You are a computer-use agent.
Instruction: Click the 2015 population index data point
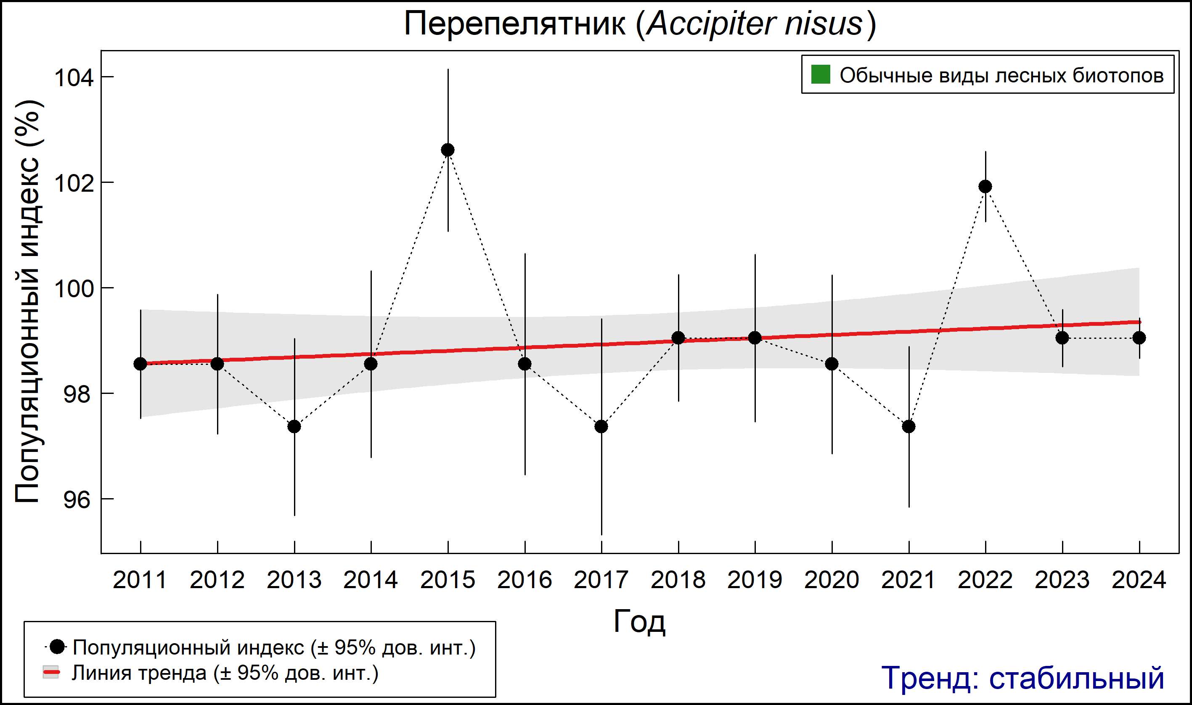(448, 150)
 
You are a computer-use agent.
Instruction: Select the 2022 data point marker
(985, 186)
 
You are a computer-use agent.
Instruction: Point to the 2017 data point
(601, 427)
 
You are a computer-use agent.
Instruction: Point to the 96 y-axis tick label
(77, 500)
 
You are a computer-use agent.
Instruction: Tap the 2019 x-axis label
(755, 580)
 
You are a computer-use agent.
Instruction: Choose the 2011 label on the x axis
(140, 580)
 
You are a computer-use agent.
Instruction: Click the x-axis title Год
(639, 621)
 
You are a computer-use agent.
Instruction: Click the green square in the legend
(820, 74)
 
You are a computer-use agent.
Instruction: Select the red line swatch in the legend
(51, 672)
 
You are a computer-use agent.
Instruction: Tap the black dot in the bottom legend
(57, 647)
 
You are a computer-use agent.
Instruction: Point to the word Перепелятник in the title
(515, 24)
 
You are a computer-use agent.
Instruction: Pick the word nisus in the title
(823, 24)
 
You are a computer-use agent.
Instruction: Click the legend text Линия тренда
(139, 673)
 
